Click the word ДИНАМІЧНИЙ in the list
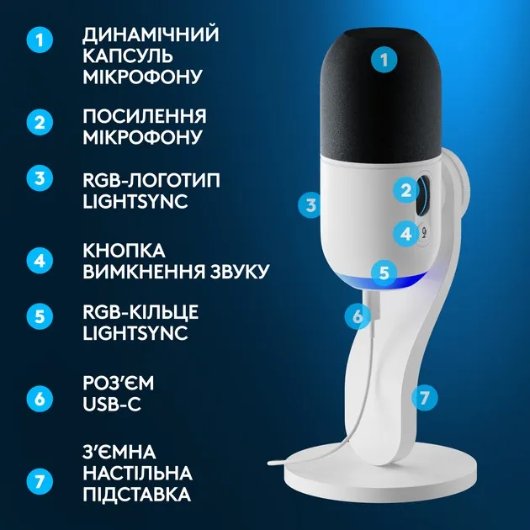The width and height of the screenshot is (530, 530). pyautogui.click(x=151, y=35)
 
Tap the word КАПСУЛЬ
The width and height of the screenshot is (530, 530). pyautogui.click(x=127, y=56)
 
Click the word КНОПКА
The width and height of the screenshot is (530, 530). pyautogui.click(x=125, y=250)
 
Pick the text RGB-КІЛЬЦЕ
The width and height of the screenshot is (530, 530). pyautogui.click(x=140, y=312)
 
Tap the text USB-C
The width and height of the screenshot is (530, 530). pyautogui.click(x=111, y=405)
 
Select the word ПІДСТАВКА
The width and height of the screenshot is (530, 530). pyautogui.click(x=137, y=494)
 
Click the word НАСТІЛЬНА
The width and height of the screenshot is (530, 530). pyautogui.click(x=137, y=473)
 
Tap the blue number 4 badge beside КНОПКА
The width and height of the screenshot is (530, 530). pyautogui.click(x=40, y=259)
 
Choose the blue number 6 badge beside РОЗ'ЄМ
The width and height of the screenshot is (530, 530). pyautogui.click(x=40, y=398)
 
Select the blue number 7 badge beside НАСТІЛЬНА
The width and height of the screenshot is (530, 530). pyautogui.click(x=40, y=482)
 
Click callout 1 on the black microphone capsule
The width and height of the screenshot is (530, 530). pyautogui.click(x=384, y=60)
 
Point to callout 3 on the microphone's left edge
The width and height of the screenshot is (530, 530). pyautogui.click(x=311, y=204)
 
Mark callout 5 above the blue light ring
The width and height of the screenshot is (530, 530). pyautogui.click(x=384, y=272)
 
